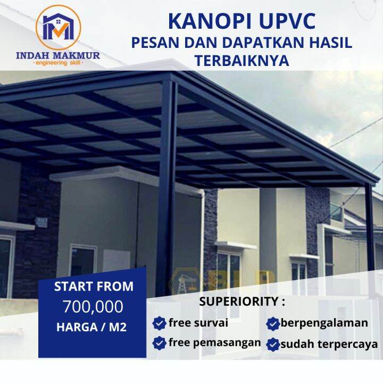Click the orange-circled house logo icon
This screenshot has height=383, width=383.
58,27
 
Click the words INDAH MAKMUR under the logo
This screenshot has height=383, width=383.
58,55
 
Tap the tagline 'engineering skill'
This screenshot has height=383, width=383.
58,63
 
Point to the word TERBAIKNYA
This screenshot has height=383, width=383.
242,61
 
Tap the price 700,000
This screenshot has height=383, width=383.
93,307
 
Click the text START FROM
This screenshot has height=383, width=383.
94,286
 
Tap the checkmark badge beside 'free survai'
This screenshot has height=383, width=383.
159,323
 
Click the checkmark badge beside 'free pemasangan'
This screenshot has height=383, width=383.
159,343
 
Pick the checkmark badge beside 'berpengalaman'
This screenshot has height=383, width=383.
273,323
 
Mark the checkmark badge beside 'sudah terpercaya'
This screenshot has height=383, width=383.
273,344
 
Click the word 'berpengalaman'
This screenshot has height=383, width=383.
324,322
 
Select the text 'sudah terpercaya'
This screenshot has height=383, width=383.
329,344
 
